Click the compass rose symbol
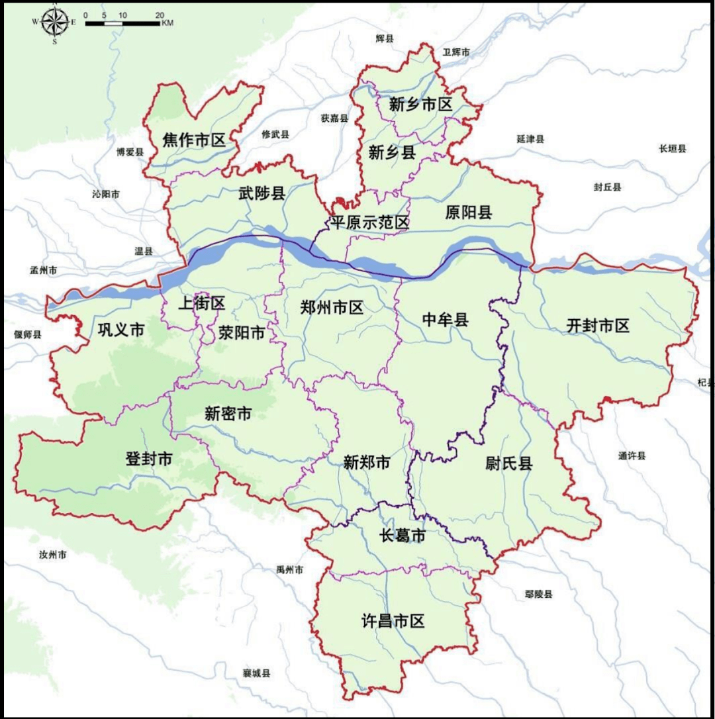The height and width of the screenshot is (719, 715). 54,22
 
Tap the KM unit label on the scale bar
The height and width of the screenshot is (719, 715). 167,23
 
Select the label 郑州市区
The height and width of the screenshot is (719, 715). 332,307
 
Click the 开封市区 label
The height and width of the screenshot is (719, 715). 598,325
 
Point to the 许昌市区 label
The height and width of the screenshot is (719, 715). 393,621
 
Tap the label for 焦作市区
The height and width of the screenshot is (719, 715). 194,140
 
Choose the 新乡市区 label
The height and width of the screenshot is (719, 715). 420,104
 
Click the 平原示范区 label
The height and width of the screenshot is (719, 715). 370,222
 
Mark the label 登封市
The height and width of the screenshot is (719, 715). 149,458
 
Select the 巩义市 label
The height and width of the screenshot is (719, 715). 120,330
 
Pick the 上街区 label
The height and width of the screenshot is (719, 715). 202,303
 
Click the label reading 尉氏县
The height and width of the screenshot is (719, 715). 508,463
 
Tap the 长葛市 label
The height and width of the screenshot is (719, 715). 402,536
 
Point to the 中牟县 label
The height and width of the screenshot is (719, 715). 445,320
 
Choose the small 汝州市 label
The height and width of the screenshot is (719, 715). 52,554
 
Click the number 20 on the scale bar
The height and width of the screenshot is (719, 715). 160,15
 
